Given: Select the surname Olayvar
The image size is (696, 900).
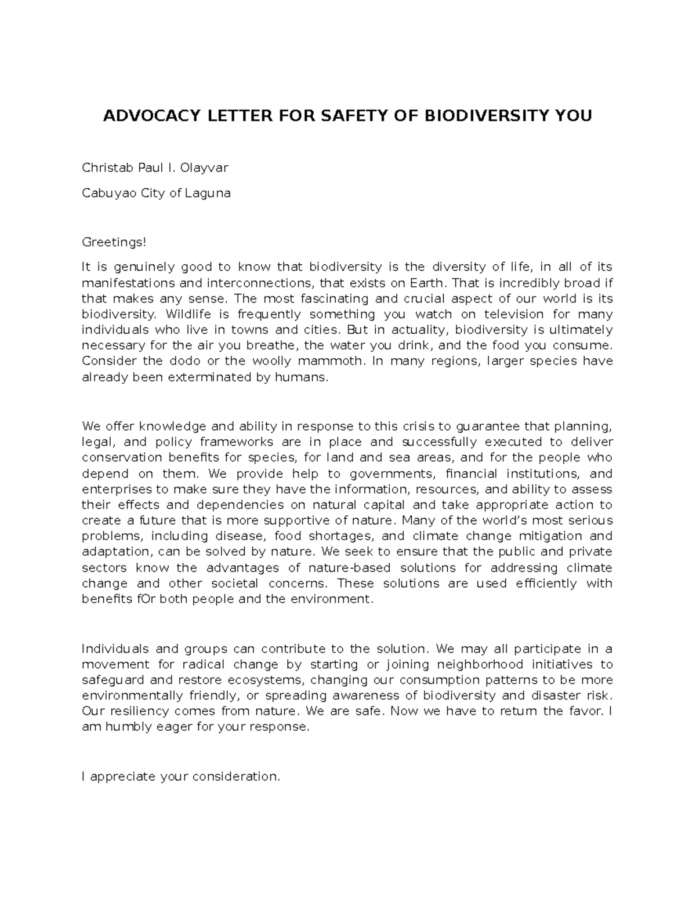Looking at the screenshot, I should (204, 168).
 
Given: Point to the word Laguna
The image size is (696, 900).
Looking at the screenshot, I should (208, 193).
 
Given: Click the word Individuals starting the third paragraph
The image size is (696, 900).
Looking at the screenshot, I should (115, 648).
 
